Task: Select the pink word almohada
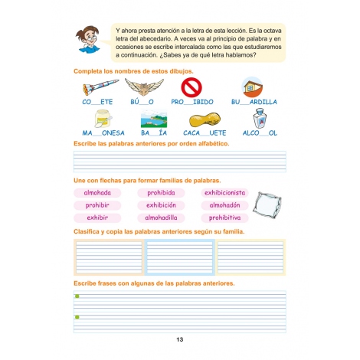[x=98, y=193]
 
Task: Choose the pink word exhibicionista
[x=224, y=193]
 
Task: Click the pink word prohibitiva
[x=224, y=218]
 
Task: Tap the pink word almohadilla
[x=161, y=218]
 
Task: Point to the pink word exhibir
[x=97, y=218]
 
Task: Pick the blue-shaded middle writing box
[x=179, y=257]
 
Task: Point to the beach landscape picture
[x=153, y=119]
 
